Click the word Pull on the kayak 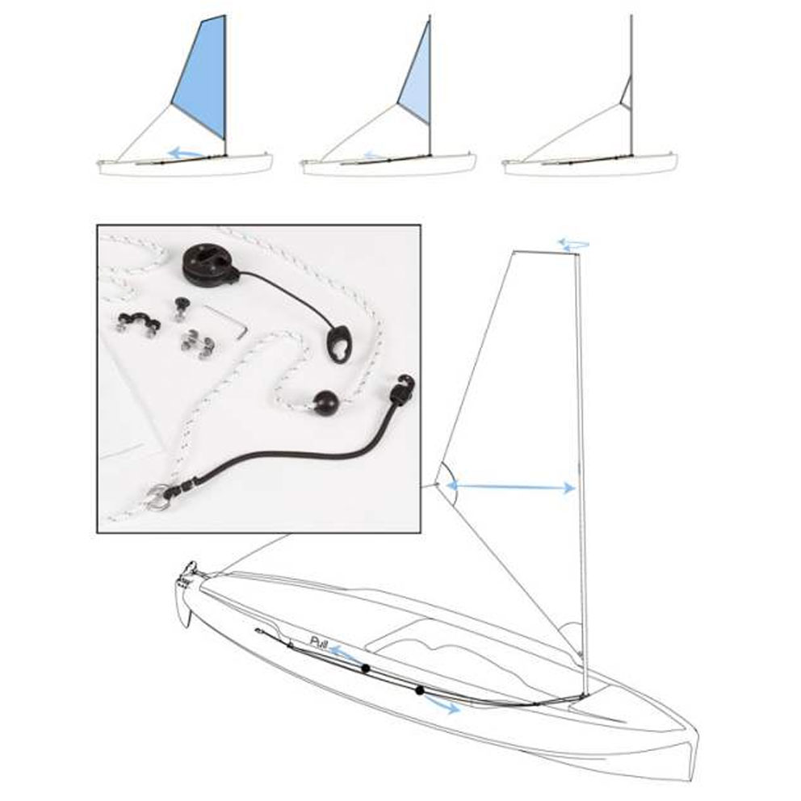tap(318, 642)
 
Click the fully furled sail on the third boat tap(627, 92)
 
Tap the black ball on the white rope tap(325, 405)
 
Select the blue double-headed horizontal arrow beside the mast tap(511, 487)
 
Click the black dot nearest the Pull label tap(365, 669)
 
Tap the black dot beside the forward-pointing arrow tap(419, 690)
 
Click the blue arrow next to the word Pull tap(346, 652)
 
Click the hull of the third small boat tap(590, 166)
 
